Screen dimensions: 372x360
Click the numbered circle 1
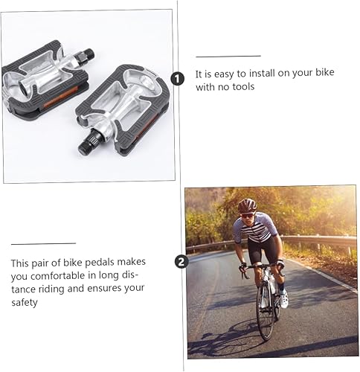coord(177,79)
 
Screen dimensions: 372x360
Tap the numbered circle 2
coord(180,261)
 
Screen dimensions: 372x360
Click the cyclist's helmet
coord(246,205)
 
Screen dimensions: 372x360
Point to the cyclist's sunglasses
coord(247,214)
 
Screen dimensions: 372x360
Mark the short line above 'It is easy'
coord(228,56)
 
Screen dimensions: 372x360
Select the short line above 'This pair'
coord(43,243)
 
